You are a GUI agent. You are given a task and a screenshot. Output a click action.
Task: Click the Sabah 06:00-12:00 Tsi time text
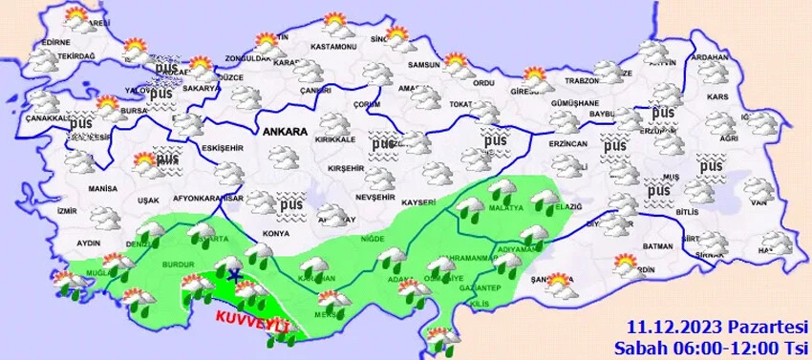click(x=713, y=345)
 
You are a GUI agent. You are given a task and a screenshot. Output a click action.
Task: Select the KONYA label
click(x=275, y=233)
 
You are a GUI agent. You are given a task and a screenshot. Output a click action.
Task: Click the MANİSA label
click(x=102, y=189)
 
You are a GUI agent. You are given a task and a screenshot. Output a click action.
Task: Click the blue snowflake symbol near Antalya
click(x=235, y=275)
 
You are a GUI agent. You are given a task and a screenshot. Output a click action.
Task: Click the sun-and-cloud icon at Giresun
click(x=536, y=77)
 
